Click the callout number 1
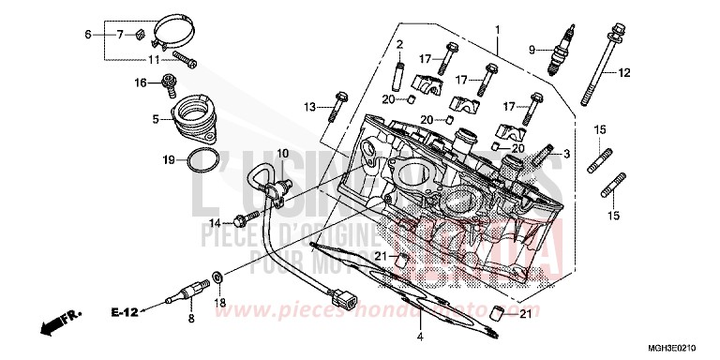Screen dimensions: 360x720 497,30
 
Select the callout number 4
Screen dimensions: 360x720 420,336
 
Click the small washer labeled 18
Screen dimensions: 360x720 217,277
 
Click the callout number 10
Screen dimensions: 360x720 282,153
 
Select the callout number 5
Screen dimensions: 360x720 156,119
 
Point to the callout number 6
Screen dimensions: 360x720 88,35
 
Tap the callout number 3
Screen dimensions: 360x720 566,153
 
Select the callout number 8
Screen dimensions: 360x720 190,320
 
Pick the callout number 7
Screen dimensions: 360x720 119,35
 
